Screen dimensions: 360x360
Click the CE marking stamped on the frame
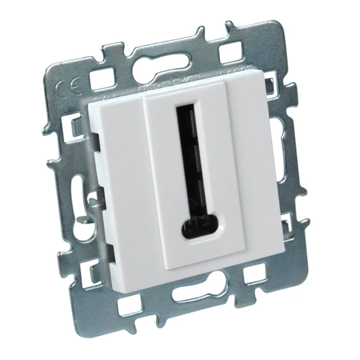click(x=65, y=91)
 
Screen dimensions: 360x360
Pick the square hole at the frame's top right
click(x=232, y=52)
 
